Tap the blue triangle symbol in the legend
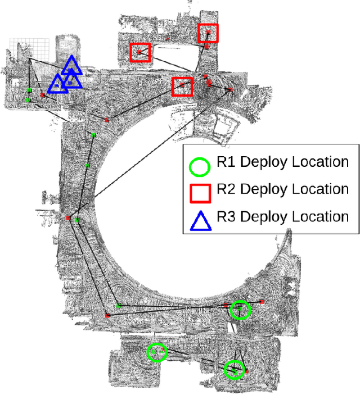200,220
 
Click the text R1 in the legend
224,162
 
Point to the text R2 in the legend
224,189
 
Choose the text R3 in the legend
224,216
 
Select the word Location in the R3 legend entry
321,216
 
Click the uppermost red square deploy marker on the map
208,33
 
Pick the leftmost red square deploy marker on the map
139,53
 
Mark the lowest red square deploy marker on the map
182,87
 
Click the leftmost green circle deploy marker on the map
157,352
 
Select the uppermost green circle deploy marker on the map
240,310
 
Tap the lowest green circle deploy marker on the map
234,370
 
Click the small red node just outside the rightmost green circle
262,302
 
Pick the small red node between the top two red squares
166,39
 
